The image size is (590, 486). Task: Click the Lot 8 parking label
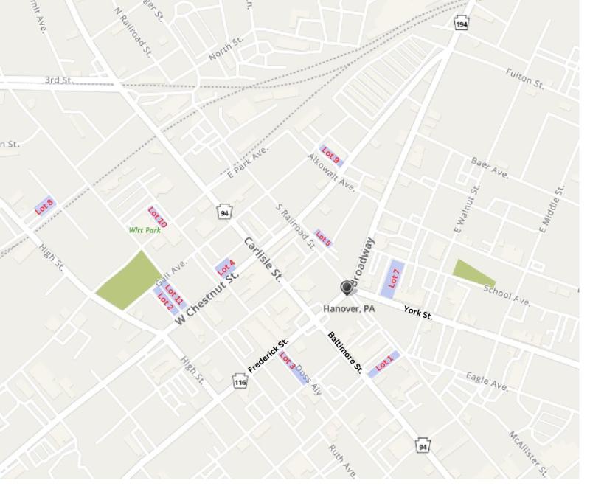45,206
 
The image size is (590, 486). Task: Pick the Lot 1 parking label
384,364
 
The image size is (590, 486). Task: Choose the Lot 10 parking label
157,217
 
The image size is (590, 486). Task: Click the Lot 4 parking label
226,267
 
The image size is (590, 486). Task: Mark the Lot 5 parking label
323,238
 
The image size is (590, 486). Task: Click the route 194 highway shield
462,24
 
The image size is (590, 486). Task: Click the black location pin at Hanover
347,288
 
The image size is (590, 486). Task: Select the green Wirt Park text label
145,230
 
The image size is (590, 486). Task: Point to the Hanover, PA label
350,308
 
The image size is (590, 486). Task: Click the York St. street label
418,313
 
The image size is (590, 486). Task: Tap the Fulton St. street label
524,77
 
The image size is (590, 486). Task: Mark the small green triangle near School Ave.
469,272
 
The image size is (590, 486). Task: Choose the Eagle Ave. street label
487,381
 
